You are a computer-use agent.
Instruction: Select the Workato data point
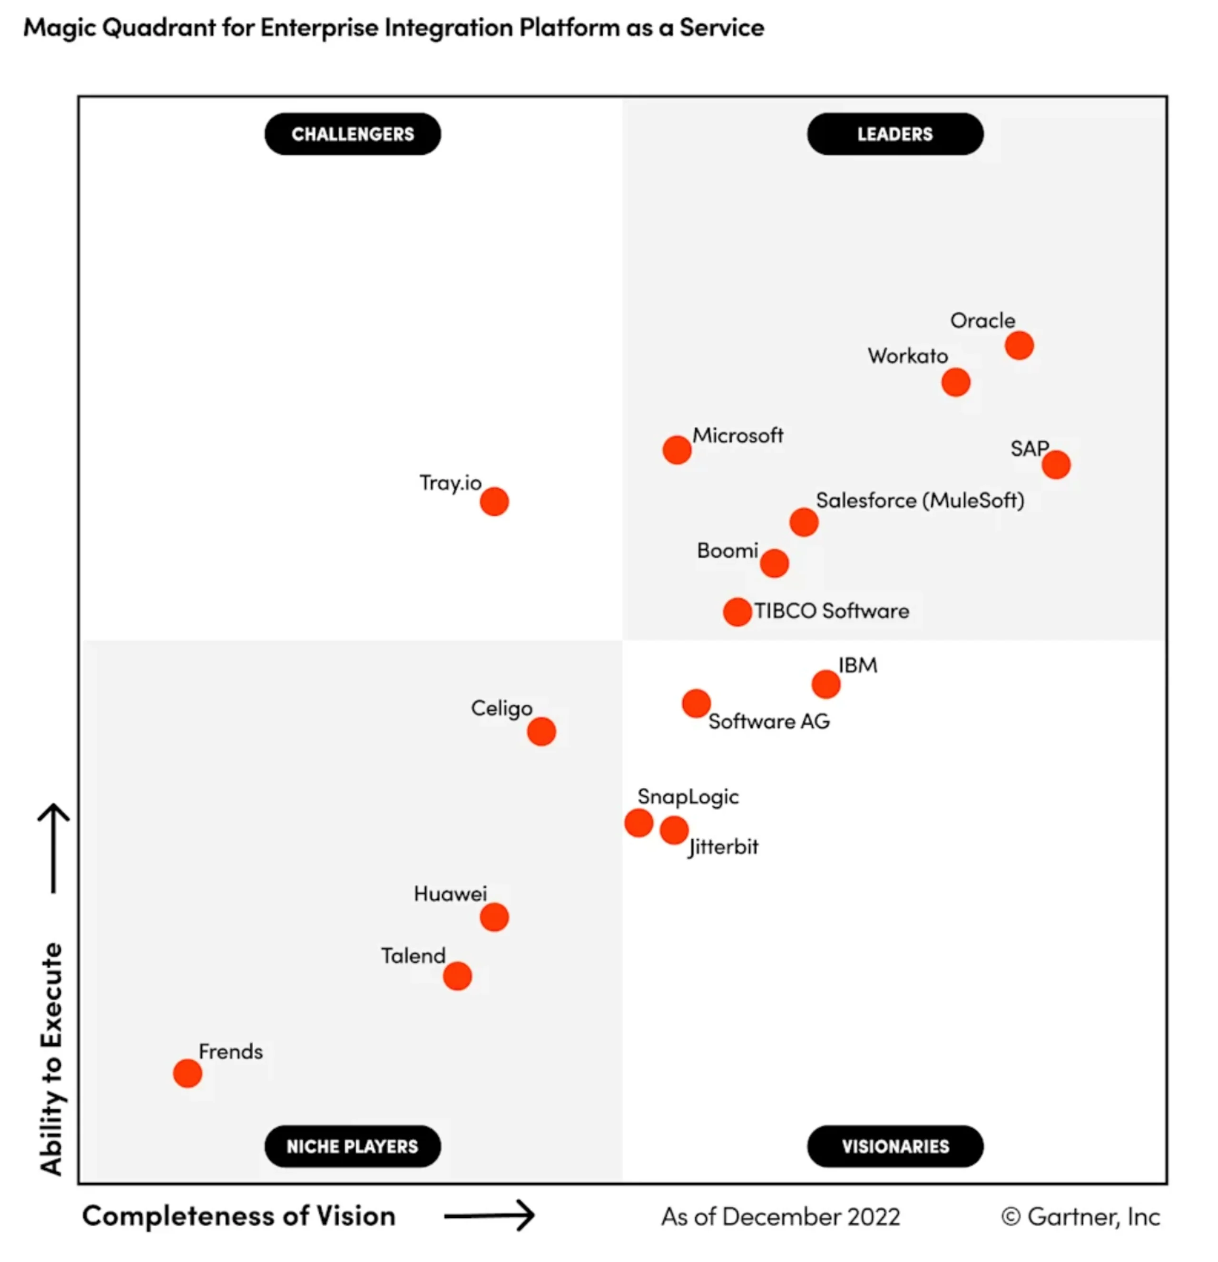(955, 382)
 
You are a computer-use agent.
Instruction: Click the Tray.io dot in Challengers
(494, 502)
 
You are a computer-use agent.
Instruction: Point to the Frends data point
(187, 1073)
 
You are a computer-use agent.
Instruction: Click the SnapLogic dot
(638, 823)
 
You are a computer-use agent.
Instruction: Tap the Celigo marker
(541, 731)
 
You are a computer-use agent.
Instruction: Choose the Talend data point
(457, 976)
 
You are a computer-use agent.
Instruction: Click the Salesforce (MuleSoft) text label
(920, 500)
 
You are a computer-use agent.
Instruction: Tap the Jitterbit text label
(723, 847)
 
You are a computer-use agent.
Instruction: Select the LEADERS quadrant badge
(894, 134)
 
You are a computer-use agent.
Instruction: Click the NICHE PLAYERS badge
(353, 1146)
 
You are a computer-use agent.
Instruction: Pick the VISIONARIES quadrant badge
(894, 1146)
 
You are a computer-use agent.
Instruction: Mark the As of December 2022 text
(780, 1216)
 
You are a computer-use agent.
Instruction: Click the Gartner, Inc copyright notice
(1080, 1216)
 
